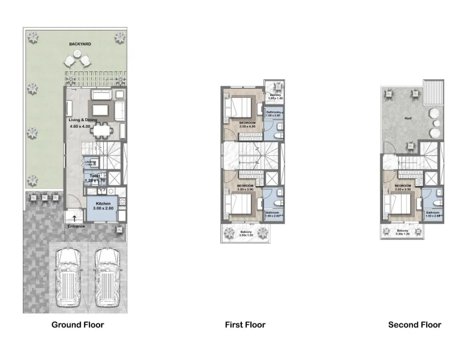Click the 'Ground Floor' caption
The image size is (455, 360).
(77, 325)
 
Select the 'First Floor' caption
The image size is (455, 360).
(245, 325)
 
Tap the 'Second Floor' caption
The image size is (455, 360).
(414, 325)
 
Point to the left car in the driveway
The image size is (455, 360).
(69, 277)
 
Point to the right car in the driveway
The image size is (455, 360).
(107, 277)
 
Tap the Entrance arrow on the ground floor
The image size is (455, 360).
(74, 219)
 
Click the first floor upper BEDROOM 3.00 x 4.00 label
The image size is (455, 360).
(247, 124)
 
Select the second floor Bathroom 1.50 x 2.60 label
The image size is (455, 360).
(433, 214)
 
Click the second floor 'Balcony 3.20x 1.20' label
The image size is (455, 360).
(403, 232)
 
